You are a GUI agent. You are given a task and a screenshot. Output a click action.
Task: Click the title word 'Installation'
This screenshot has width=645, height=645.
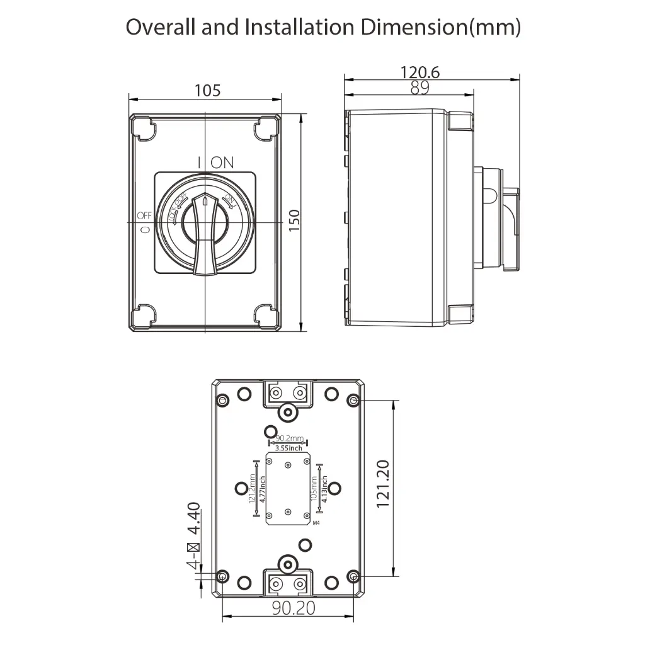point(287,27)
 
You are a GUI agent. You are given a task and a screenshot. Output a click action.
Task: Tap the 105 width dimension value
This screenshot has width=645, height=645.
point(207,90)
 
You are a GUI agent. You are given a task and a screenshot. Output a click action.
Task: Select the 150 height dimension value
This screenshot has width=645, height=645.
point(294,221)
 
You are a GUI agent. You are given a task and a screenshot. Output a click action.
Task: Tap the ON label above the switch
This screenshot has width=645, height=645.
point(222,162)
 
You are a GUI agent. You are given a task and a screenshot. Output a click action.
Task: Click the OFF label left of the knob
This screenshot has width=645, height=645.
point(144,217)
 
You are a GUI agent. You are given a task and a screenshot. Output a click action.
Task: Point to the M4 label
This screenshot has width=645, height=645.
point(317,523)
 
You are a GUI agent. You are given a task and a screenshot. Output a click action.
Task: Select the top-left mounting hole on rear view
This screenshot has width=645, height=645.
point(222,400)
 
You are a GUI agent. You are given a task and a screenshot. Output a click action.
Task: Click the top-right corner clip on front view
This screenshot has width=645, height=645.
point(265,130)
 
